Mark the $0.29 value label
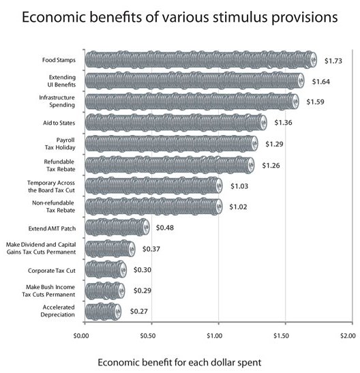140,291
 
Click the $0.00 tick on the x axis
82,335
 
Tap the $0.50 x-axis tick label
149,335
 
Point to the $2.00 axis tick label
347,335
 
